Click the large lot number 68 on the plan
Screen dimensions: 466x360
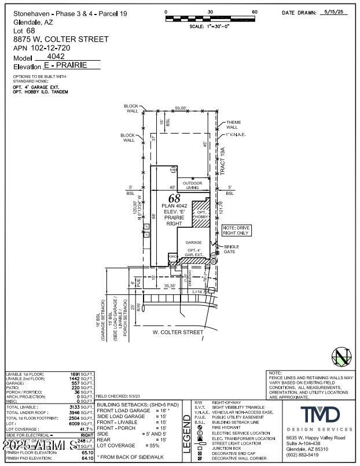(x=175, y=198)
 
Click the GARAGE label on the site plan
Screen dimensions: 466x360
(x=193, y=242)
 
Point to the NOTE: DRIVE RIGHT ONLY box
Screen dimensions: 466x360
(x=237, y=230)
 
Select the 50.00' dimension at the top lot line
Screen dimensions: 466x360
(x=181, y=108)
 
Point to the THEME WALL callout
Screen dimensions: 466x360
(x=233, y=125)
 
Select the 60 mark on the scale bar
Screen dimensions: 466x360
(x=254, y=12)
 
